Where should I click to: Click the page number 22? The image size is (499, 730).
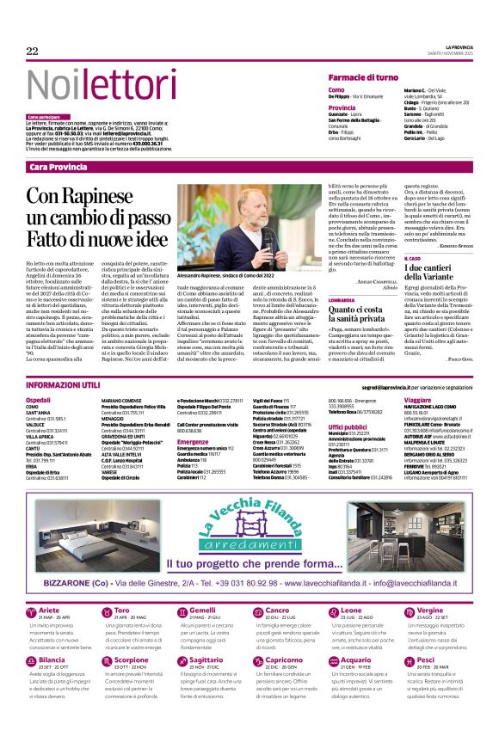point(33,52)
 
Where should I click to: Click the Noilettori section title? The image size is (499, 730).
point(89,83)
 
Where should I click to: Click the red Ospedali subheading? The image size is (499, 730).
point(39,401)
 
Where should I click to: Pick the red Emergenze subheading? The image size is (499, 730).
point(193,442)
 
